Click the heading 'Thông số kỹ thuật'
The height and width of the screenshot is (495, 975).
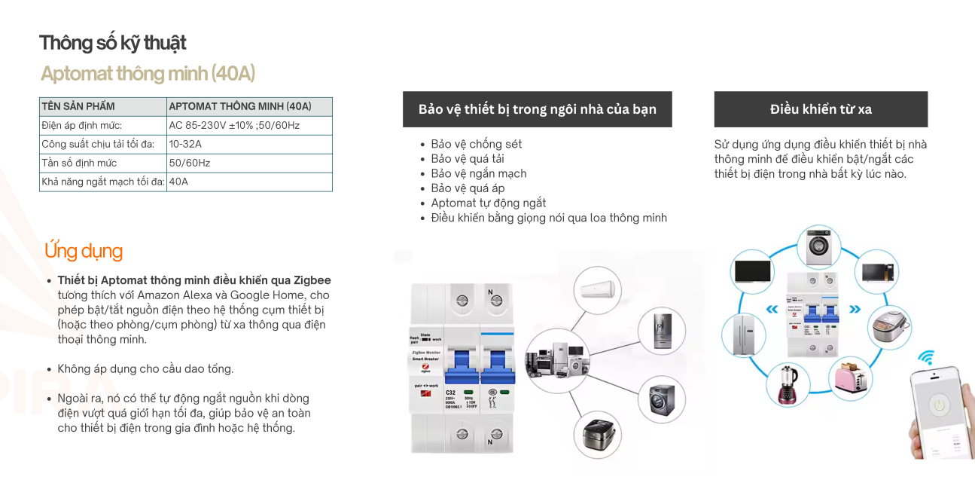point(113,43)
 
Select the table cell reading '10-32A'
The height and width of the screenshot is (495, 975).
point(185,144)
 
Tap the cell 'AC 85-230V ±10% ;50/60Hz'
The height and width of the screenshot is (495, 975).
point(234,125)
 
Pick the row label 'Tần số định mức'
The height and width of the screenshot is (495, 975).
point(79,163)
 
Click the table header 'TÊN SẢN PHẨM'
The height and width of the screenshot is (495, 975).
point(78,106)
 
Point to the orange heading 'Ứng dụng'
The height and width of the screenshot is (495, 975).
point(84,251)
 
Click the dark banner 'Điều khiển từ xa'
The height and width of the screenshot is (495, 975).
point(821,109)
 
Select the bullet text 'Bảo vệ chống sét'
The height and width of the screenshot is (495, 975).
point(476,144)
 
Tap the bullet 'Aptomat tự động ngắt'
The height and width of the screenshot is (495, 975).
point(488,203)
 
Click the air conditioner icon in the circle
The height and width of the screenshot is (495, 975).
point(596,289)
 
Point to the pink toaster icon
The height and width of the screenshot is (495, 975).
point(851,380)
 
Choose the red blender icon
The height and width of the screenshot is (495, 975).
point(788,384)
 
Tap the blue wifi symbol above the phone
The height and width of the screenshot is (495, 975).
point(926,358)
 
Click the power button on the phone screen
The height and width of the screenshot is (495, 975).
point(938,405)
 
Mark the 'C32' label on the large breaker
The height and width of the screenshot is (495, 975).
point(451,393)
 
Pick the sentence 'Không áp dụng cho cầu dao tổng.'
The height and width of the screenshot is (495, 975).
point(145,369)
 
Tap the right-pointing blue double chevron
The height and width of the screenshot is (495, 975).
point(854,309)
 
